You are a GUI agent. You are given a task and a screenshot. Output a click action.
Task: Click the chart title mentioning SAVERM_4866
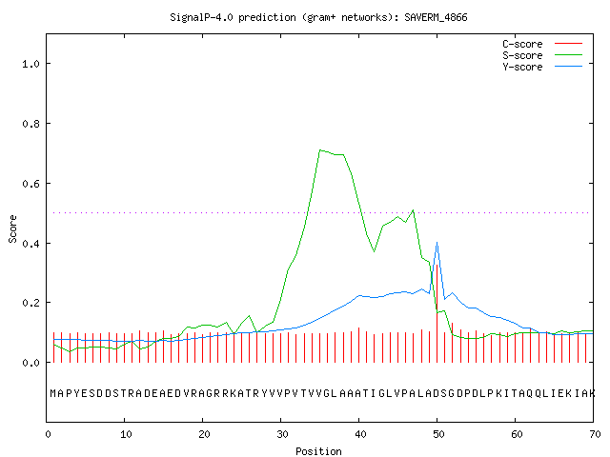click(318, 17)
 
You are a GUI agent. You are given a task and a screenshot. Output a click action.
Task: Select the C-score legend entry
click(542, 44)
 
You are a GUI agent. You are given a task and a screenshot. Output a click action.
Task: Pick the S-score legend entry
click(542, 55)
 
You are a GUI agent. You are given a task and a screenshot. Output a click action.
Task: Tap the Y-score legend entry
click(542, 67)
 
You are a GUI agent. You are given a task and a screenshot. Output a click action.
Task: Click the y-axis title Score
click(12, 229)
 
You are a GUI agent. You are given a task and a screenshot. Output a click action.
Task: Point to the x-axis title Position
click(318, 451)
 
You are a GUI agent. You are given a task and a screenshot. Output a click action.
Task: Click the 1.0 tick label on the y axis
click(30, 64)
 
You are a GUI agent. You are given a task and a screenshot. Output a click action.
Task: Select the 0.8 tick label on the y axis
click(30, 124)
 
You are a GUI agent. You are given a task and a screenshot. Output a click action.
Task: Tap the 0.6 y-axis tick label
click(30, 184)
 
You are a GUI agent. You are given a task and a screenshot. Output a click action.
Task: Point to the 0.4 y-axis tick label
click(30, 244)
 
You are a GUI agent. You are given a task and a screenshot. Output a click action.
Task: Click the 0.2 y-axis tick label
click(30, 303)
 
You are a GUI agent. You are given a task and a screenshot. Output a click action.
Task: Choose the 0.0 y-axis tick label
click(30, 363)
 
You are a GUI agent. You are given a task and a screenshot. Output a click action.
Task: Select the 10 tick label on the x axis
click(126, 434)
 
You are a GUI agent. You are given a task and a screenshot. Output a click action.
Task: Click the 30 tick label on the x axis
click(282, 434)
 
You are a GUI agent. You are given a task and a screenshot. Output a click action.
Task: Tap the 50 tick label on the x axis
click(438, 434)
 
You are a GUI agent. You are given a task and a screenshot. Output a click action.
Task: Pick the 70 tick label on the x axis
click(595, 434)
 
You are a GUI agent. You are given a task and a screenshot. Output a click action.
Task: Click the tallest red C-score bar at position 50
click(437, 313)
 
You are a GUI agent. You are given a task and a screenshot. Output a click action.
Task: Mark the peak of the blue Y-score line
click(437, 242)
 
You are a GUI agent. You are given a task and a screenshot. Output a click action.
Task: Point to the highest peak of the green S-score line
click(320, 150)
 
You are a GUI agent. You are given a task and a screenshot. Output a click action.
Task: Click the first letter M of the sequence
click(53, 393)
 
